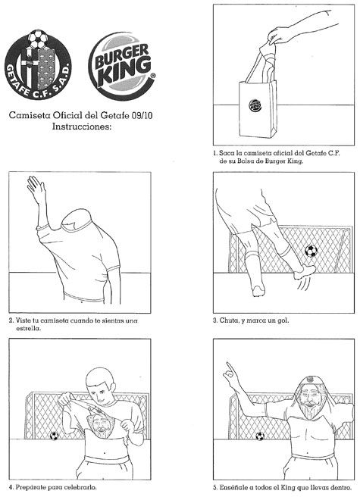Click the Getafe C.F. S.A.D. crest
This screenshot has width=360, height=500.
tap(39, 64)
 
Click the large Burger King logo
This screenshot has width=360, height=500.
tap(121, 66)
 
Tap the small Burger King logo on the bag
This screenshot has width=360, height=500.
tap(255, 105)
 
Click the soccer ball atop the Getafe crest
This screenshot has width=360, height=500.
tap(38, 39)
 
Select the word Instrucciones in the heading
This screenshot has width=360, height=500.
tap(82, 127)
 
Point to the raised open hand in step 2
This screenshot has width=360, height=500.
tap(36, 189)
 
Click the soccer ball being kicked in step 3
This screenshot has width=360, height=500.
tap(311, 251)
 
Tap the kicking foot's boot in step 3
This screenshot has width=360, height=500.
tap(304, 272)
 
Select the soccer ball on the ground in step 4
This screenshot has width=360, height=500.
tap(54, 436)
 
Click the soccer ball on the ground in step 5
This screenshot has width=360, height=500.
tap(260, 436)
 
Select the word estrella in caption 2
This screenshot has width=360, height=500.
tap(28, 328)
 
